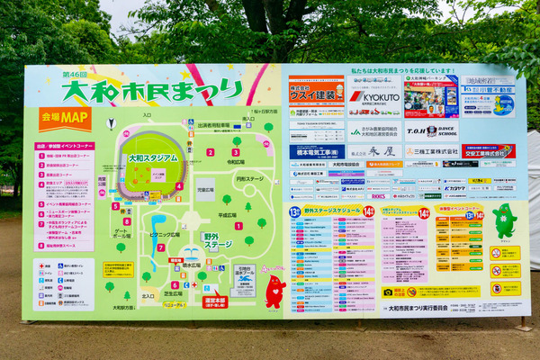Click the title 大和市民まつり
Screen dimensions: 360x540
[x=153, y=90]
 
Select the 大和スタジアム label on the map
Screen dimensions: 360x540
[x=154, y=157]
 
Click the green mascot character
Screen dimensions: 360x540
[x=505, y=220]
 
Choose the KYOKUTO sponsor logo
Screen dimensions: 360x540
[x=374, y=96]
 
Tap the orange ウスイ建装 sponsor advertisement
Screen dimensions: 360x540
[x=316, y=93]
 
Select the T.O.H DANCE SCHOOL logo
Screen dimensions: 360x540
[x=431, y=131]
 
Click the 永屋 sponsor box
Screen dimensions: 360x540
[x=374, y=151]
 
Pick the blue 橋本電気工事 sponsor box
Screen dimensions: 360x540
[x=316, y=151]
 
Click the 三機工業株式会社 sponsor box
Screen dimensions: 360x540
[x=431, y=151]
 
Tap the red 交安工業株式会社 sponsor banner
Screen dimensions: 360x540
[x=489, y=151]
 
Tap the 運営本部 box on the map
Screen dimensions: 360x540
[x=215, y=302]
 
